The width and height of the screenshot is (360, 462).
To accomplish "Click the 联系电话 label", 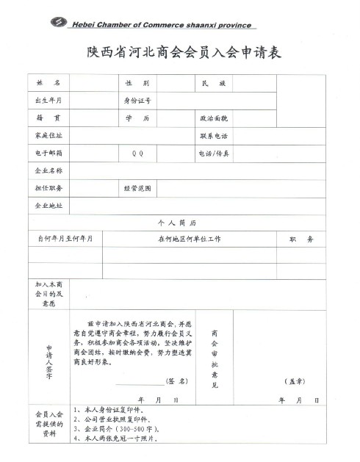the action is pyautogui.click(x=214, y=136).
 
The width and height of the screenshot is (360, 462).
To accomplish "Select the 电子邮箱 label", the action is pyautogui.click(x=43, y=154).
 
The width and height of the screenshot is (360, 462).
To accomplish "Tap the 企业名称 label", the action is pyautogui.click(x=43, y=171).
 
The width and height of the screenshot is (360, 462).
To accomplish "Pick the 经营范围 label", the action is pyautogui.click(x=137, y=189).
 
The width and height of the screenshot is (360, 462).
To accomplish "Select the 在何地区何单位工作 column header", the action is pyautogui.click(x=190, y=239).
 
